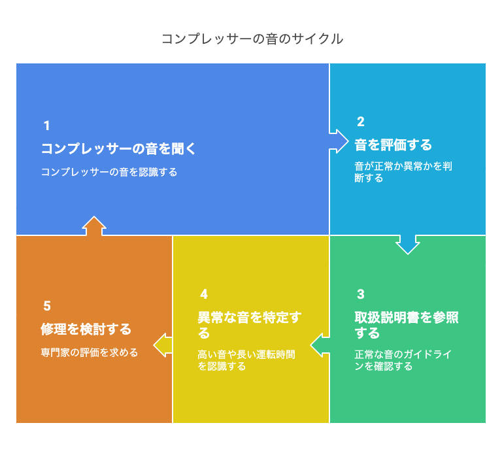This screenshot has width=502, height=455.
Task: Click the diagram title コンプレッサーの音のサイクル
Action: pyautogui.click(x=252, y=39)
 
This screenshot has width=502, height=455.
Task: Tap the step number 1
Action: pyautogui.click(x=47, y=126)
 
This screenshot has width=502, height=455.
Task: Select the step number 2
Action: pyautogui.click(x=361, y=122)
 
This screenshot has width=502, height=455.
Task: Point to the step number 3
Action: pyautogui.click(x=361, y=294)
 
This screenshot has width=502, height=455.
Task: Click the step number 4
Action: pyautogui.click(x=204, y=294)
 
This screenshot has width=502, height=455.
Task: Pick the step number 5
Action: pyautogui.click(x=47, y=306)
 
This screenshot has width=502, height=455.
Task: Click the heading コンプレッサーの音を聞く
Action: pyautogui.click(x=118, y=149)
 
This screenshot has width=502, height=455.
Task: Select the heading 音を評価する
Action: pyautogui.click(x=393, y=144)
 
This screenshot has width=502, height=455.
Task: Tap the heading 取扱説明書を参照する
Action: pyautogui.click(x=407, y=325)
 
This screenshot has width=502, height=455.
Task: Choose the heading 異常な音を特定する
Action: pyautogui.click(x=250, y=325)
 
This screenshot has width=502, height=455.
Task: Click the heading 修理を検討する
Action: pyautogui.click(x=86, y=329)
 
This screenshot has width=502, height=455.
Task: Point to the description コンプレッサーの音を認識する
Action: pyautogui.click(x=109, y=172)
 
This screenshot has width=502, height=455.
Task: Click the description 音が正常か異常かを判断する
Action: pyautogui.click(x=403, y=172)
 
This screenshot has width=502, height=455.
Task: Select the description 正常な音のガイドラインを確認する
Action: pyautogui.click(x=403, y=360)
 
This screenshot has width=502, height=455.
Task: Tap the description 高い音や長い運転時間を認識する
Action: pyautogui.click(x=246, y=360)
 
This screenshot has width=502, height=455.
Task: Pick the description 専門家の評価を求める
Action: pyautogui.click(x=90, y=352)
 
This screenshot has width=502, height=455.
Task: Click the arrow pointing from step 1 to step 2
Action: pyautogui.click(x=339, y=141)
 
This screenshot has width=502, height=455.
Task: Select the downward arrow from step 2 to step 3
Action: pyautogui.click(x=408, y=244)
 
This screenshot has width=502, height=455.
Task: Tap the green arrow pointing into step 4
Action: pyautogui.click(x=320, y=345)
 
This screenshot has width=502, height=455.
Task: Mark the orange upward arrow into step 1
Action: pyautogui.click(x=94, y=226)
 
